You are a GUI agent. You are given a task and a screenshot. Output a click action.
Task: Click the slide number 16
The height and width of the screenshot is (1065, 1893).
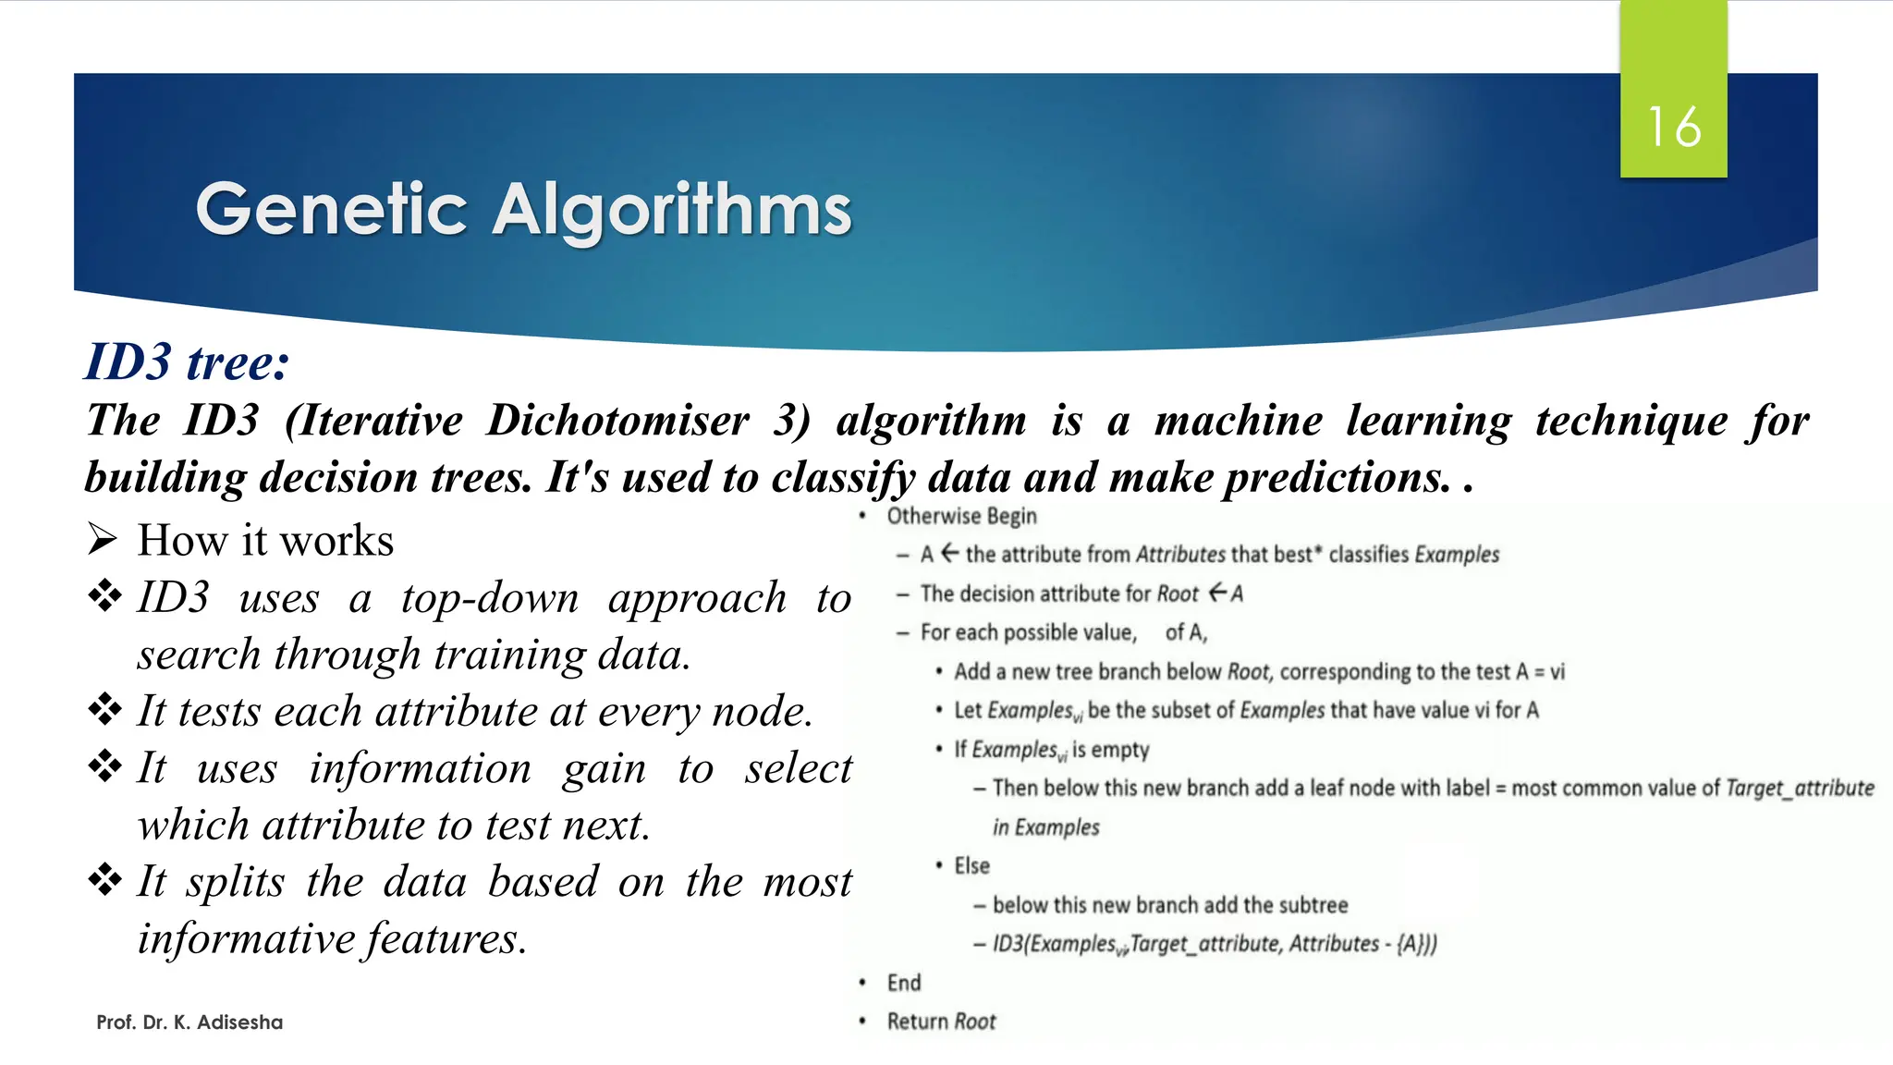click(1674, 127)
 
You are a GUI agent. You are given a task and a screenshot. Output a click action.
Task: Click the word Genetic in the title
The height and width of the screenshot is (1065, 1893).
click(331, 210)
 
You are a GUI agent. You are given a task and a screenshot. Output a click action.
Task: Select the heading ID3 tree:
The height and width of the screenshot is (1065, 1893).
click(188, 361)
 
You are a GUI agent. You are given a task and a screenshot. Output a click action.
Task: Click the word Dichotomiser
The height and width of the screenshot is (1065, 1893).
click(617, 421)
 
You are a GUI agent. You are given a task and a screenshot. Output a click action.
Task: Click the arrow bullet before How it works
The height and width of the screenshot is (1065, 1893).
click(103, 539)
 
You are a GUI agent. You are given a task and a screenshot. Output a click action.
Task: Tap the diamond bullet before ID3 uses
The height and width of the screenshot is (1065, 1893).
click(104, 596)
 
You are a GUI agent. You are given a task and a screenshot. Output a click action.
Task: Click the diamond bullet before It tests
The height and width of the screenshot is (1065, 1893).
click(104, 710)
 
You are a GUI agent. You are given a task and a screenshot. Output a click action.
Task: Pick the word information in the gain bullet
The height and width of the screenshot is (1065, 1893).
click(421, 768)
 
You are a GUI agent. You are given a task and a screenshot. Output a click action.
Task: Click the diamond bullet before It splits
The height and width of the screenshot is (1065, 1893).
click(104, 880)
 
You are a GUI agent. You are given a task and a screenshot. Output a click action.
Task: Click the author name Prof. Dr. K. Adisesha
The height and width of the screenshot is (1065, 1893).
click(189, 1022)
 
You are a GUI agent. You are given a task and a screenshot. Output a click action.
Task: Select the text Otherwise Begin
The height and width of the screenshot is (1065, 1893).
click(961, 516)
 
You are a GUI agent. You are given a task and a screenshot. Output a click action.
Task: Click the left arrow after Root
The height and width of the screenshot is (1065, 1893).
click(1217, 592)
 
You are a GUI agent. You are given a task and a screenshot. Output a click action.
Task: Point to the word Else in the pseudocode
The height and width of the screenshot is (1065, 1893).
click(971, 865)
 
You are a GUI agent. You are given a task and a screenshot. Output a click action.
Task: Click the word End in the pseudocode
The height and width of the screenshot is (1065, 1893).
click(904, 983)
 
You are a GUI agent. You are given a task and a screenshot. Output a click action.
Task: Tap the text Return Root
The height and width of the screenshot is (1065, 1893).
click(941, 1022)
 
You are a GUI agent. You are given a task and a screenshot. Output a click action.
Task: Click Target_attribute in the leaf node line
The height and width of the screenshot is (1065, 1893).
click(1800, 788)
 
